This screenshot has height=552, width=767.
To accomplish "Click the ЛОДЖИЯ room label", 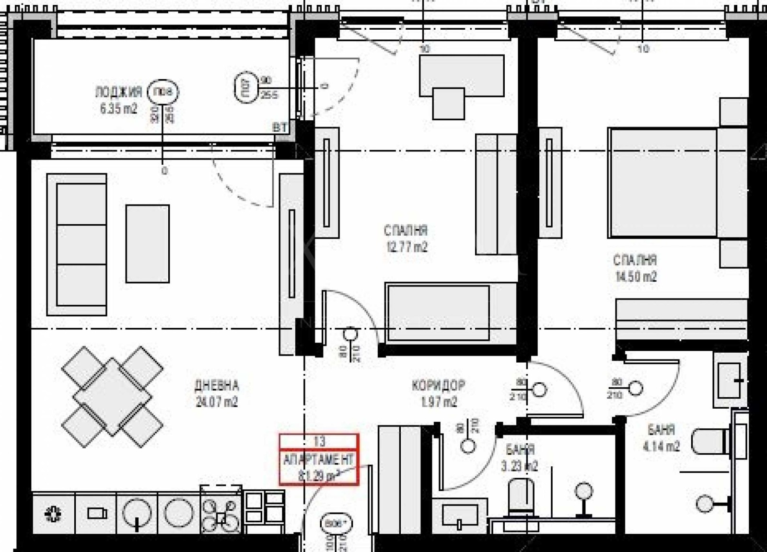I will (x=118, y=92).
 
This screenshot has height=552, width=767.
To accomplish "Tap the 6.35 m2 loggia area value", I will (x=118, y=109).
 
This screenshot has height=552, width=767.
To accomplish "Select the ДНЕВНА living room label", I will (x=217, y=385).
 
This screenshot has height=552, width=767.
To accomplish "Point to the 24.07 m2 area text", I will (x=217, y=402).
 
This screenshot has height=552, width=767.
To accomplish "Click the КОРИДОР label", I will (x=438, y=385).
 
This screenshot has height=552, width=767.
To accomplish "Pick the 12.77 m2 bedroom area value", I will (x=406, y=247).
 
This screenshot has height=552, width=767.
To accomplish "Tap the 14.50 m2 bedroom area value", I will (x=636, y=276).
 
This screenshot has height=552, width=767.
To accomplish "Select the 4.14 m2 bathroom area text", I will (x=661, y=447).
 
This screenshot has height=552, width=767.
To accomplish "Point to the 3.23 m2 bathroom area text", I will (x=520, y=466).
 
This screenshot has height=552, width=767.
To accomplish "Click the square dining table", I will (x=112, y=397).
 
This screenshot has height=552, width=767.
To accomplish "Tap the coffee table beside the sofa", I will (x=148, y=243).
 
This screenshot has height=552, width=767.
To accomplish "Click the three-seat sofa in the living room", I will (x=77, y=244).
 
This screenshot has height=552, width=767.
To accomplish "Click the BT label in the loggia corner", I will (x=279, y=127).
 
